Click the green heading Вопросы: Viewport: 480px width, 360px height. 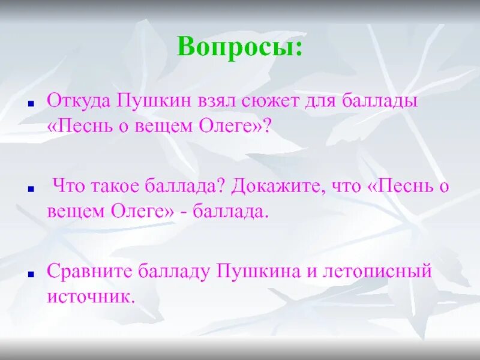click(x=239, y=47)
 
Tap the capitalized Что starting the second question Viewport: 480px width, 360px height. click(x=67, y=187)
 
